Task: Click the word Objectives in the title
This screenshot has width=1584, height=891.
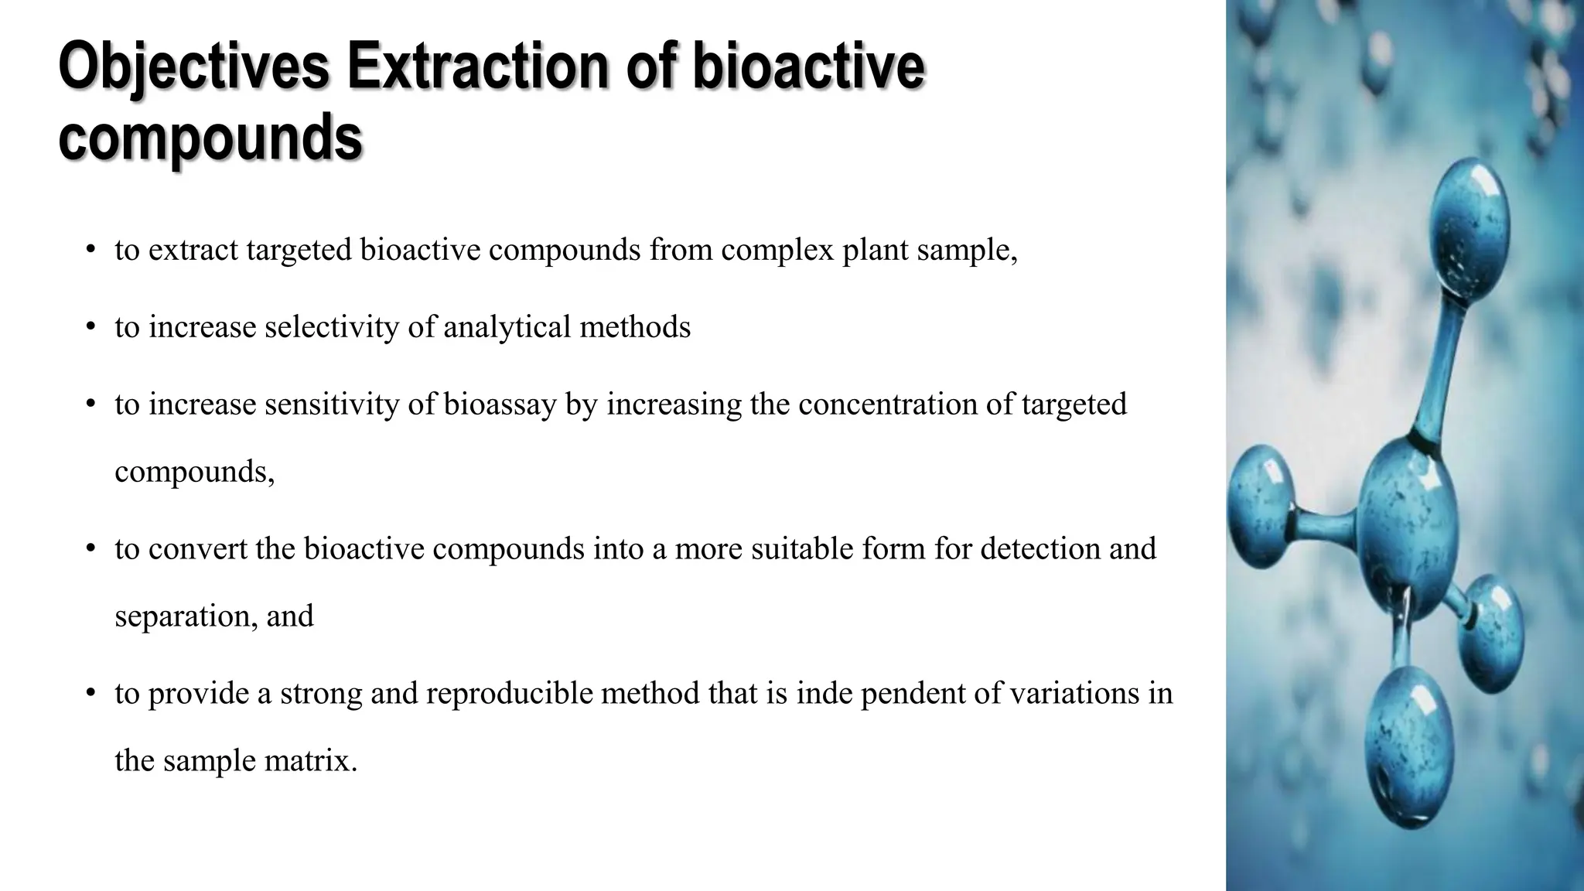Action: pyautogui.click(x=194, y=69)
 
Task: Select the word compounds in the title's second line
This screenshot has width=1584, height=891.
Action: pyautogui.click(x=210, y=138)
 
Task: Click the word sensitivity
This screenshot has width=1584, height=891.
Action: pyautogui.click(x=332, y=405)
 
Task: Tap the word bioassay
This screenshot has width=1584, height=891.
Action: pyautogui.click(x=500, y=405)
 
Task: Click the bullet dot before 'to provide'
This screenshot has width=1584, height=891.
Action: pyautogui.click(x=90, y=692)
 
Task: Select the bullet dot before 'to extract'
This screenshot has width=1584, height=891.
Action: pyautogui.click(x=90, y=250)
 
